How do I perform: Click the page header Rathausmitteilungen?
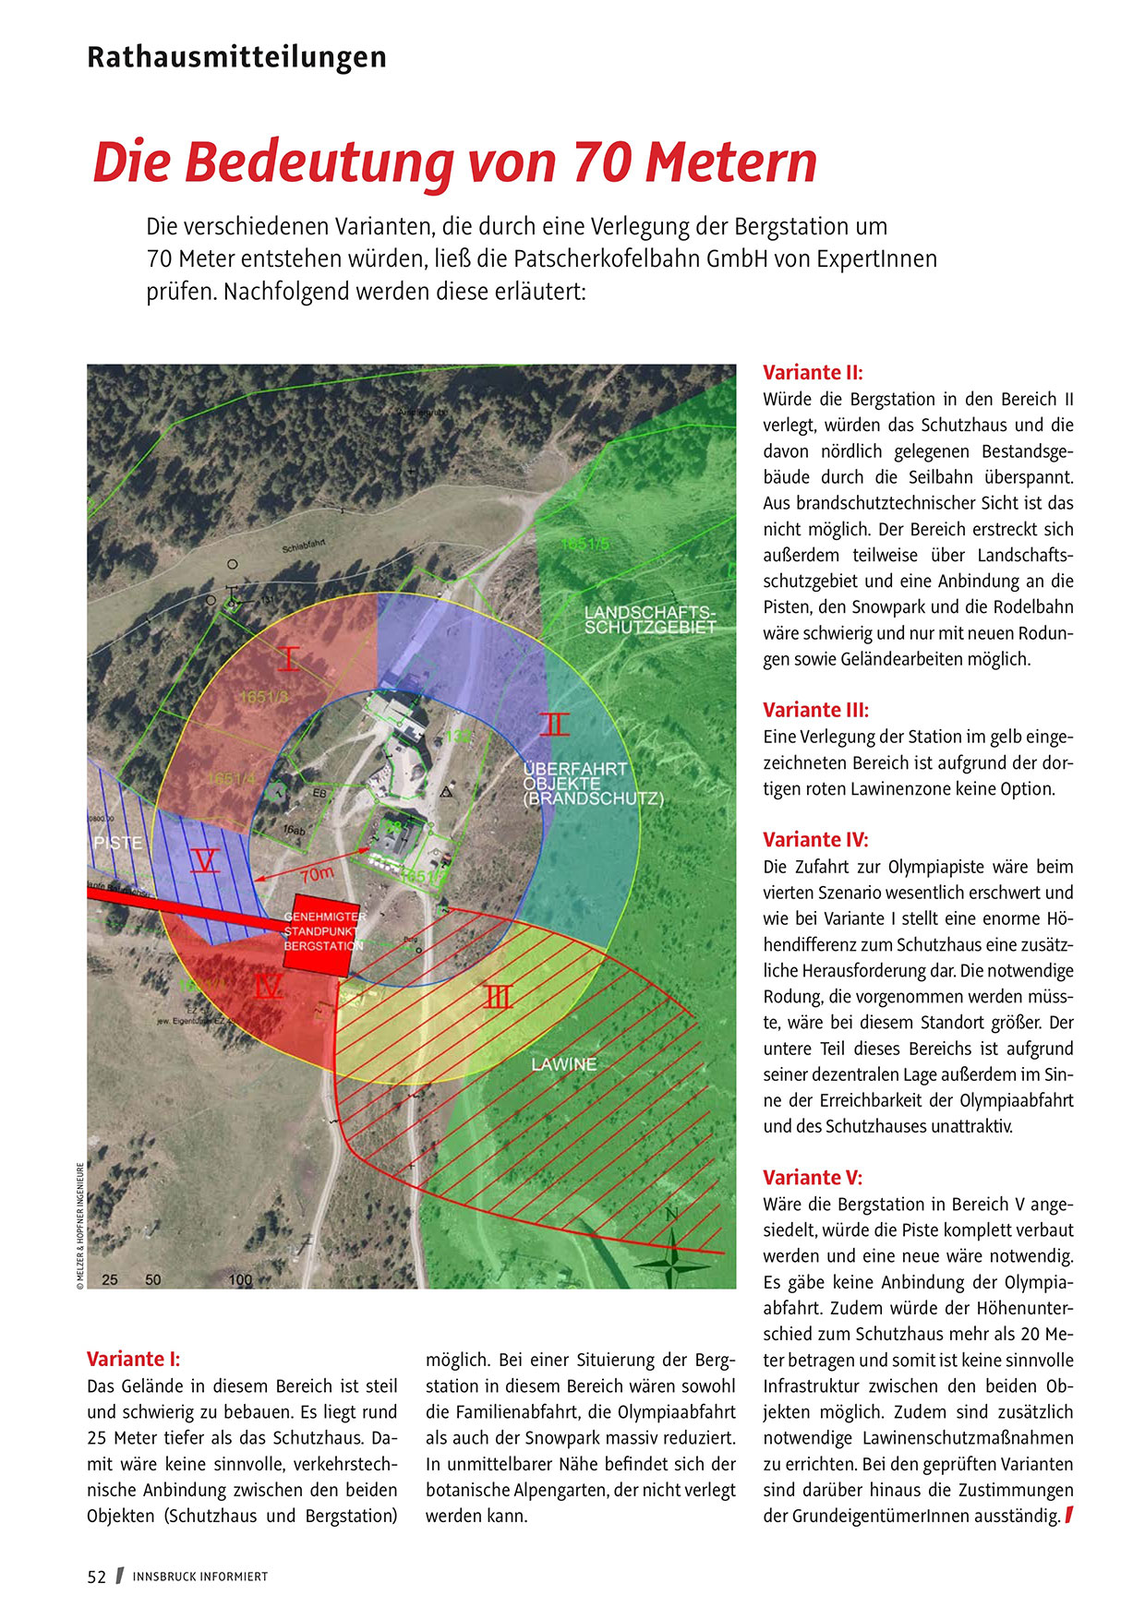236,57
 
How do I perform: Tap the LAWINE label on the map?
563,1064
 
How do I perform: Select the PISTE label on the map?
118,843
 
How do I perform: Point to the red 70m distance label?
317,873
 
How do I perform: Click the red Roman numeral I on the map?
289,659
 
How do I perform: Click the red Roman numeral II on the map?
554,725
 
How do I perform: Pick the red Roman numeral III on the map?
498,997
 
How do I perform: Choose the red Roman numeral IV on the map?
268,987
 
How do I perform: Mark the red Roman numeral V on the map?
205,861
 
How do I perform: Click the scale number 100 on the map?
240,1279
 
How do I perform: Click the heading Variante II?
813,373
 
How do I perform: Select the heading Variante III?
815,710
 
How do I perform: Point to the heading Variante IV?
815,840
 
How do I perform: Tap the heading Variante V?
813,1178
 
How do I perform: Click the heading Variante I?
133,1359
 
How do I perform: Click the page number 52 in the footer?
97,1577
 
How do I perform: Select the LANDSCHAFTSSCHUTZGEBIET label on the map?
650,620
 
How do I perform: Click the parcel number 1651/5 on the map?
585,545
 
